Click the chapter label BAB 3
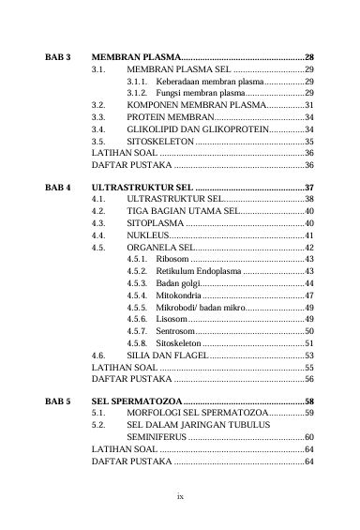click(59, 58)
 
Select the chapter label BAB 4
click(59, 187)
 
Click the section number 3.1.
click(98, 70)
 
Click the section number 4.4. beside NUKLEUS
click(98, 235)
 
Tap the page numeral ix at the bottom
click(180, 494)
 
